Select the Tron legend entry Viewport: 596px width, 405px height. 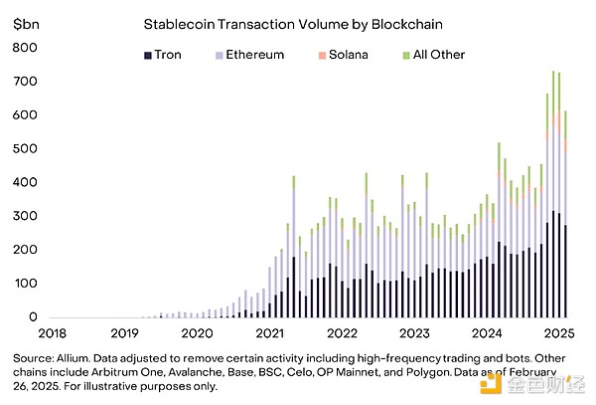tap(170, 55)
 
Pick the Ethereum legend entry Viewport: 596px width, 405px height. tap(250, 55)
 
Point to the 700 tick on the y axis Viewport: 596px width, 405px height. tap(25, 81)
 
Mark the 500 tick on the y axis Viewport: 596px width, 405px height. tap(25, 148)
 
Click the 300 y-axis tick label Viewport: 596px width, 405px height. tap(25, 216)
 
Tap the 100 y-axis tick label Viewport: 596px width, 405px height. tap(25, 284)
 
